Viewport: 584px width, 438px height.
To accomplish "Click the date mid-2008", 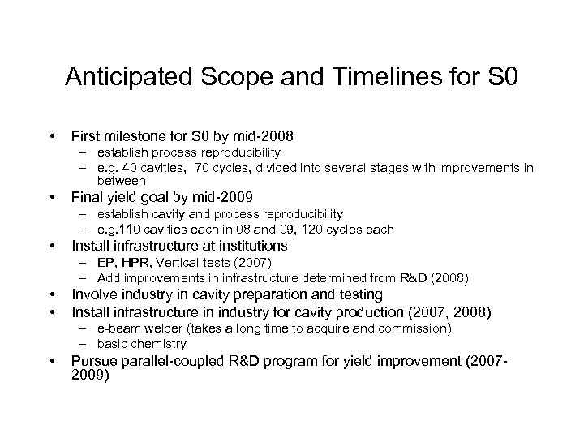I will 262,135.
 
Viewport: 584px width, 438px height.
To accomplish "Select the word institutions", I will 247,246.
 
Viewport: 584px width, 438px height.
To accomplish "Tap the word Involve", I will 93,294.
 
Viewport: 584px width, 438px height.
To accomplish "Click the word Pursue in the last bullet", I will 94,361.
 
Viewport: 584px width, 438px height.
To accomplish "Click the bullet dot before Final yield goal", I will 52,197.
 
